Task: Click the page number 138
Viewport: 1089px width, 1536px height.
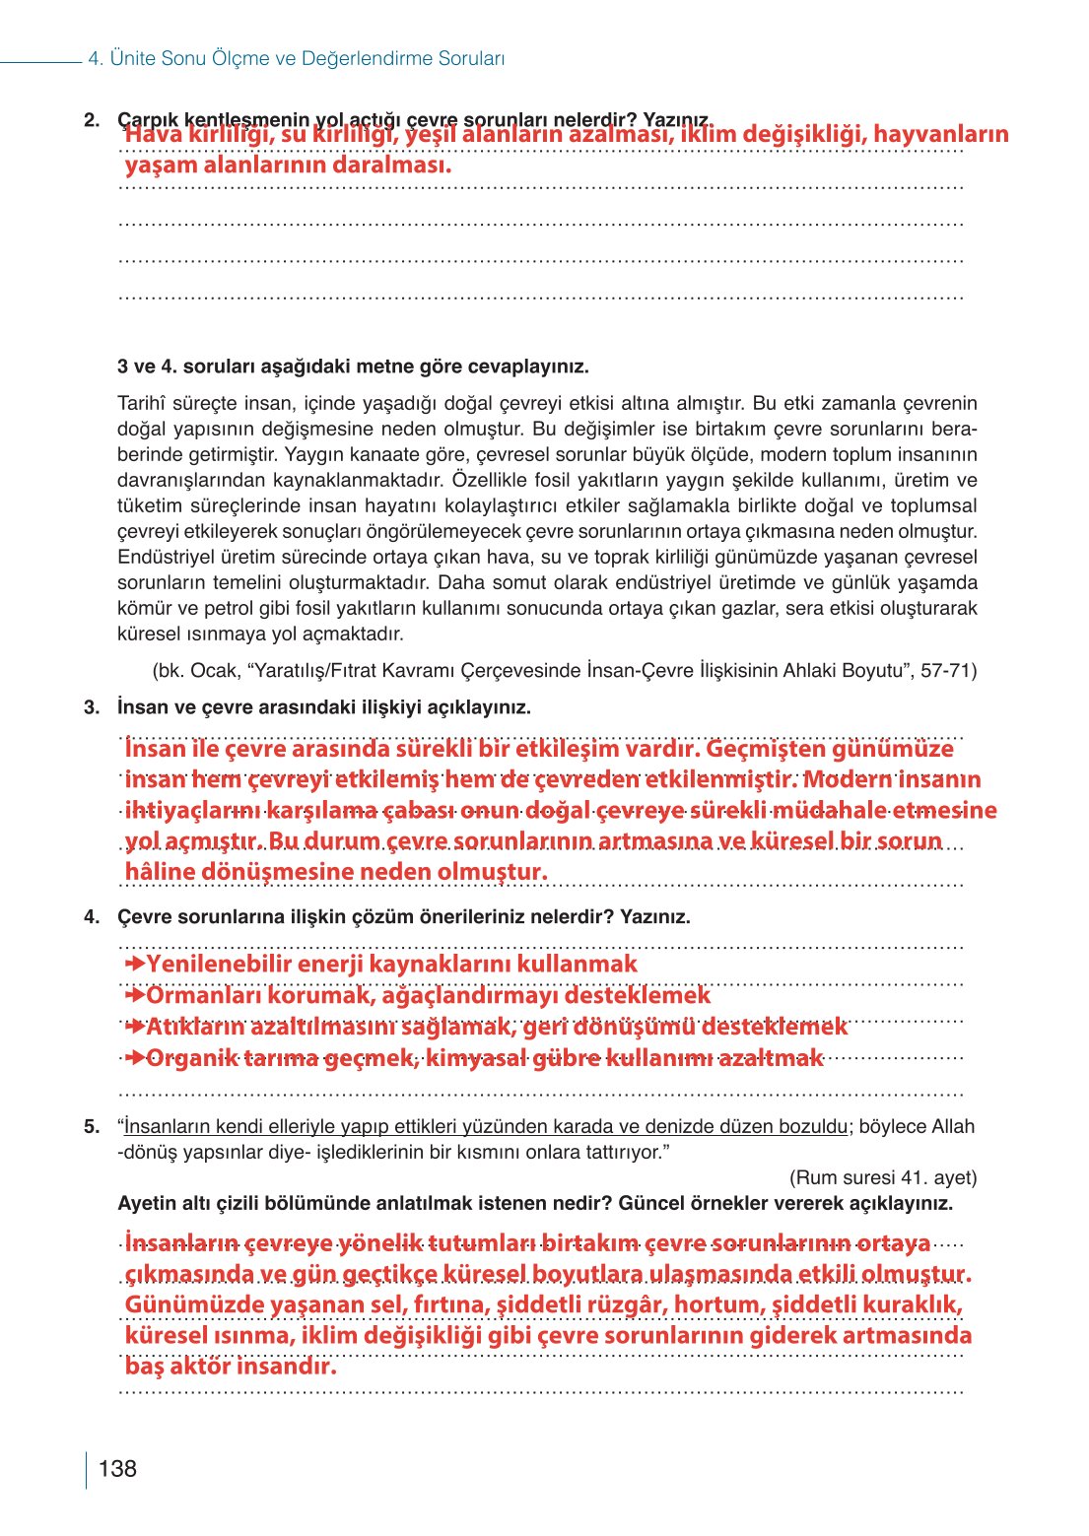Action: [117, 1468]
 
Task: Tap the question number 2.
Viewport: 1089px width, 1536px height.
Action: [92, 120]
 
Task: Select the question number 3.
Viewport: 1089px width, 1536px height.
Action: [92, 707]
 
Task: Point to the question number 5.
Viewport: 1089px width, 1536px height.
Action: [92, 1126]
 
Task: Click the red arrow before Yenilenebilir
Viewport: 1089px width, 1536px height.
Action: [135, 964]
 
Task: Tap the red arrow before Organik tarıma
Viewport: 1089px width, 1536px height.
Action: [135, 1058]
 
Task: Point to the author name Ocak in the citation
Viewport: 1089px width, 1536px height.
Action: [214, 671]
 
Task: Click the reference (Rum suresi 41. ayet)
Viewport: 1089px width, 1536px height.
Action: [882, 1177]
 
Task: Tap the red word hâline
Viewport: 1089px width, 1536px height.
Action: [160, 872]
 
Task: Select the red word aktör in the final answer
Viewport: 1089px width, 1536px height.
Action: [200, 1367]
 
